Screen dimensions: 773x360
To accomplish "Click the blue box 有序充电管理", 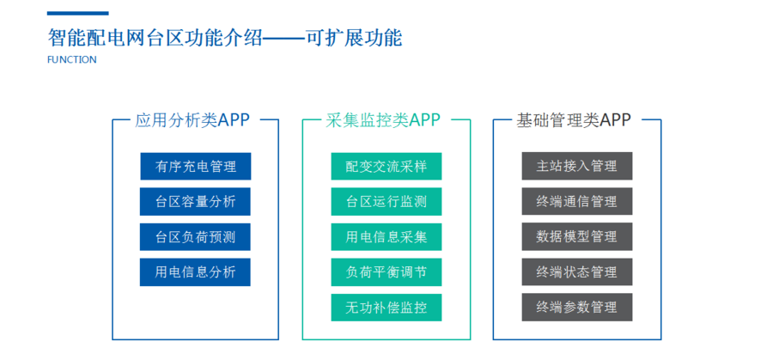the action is click(x=195, y=166).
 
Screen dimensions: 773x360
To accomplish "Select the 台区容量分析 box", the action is click(x=195, y=202).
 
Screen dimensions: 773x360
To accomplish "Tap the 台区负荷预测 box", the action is click(x=195, y=237).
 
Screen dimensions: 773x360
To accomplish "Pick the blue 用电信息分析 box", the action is click(x=195, y=272).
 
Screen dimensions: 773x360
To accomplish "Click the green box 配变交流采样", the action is click(x=386, y=166).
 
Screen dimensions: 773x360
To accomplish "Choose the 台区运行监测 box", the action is click(x=386, y=202).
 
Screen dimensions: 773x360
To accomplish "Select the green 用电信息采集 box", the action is click(x=386, y=237).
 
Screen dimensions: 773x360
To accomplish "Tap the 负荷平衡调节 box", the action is click(x=386, y=272).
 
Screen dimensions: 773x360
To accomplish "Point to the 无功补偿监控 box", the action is click(x=386, y=308).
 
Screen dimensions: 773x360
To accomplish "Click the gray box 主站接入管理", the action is click(x=577, y=166).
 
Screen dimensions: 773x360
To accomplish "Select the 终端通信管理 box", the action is click(x=577, y=201).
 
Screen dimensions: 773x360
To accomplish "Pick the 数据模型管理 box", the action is click(x=577, y=237).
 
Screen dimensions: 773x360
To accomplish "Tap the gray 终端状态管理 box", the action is click(x=577, y=272).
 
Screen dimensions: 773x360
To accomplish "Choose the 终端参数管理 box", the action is click(x=577, y=308).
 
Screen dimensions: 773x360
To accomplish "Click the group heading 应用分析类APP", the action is click(x=192, y=120).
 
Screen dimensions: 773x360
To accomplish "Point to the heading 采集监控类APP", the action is click(x=383, y=120).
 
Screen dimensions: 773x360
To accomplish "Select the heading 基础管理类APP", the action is click(x=574, y=120).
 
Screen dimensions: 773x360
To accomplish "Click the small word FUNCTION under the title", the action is click(x=72, y=59).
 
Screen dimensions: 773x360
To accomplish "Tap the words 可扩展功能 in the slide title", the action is click(x=354, y=38).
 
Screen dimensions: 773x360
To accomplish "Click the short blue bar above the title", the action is click(x=78, y=13).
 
